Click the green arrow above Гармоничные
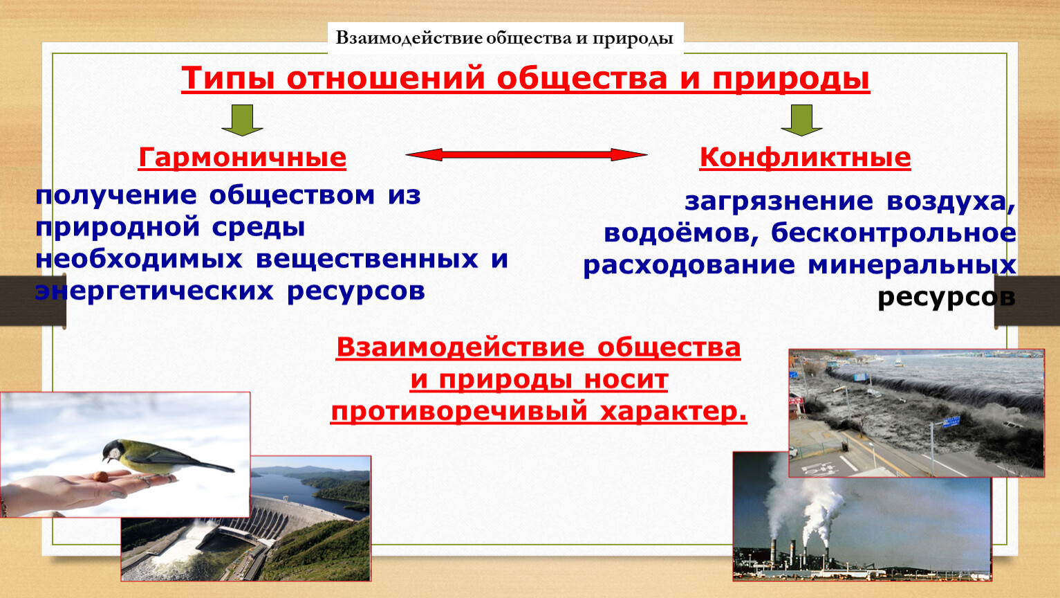pyautogui.click(x=242, y=120)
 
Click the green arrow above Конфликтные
pyautogui.click(x=801, y=120)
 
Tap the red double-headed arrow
pyautogui.click(x=526, y=154)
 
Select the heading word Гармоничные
pyautogui.click(x=242, y=157)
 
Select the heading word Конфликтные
pyautogui.click(x=805, y=157)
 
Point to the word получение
pyautogui.click(x=116, y=196)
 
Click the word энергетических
pyautogui.click(x=154, y=291)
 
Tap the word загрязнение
pyautogui.click(x=779, y=201)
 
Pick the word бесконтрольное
pyautogui.click(x=893, y=233)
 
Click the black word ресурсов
pyautogui.click(x=947, y=298)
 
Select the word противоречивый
pyautogui.click(x=459, y=411)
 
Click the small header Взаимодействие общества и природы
pyautogui.click(x=505, y=38)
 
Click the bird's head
pyautogui.click(x=113, y=451)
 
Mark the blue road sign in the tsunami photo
pyautogui.click(x=951, y=422)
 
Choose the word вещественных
pyautogui.click(x=367, y=260)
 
